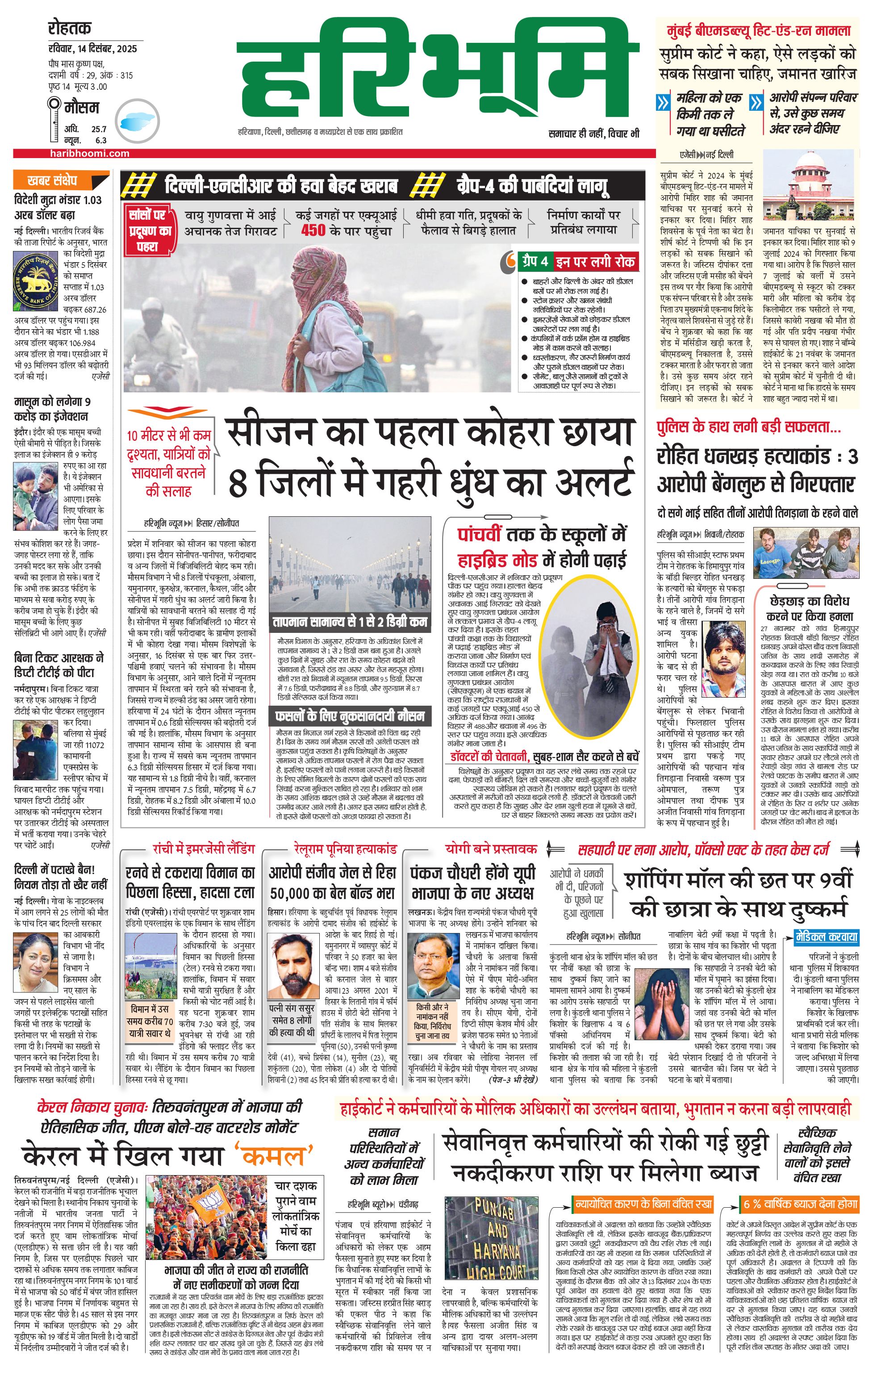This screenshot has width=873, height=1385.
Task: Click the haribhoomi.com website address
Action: click(x=90, y=153)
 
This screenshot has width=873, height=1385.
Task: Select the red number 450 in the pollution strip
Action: click(x=313, y=230)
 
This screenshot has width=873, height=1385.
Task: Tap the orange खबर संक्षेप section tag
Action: click(x=53, y=180)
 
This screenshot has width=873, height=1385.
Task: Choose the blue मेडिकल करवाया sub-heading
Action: click(x=827, y=937)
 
